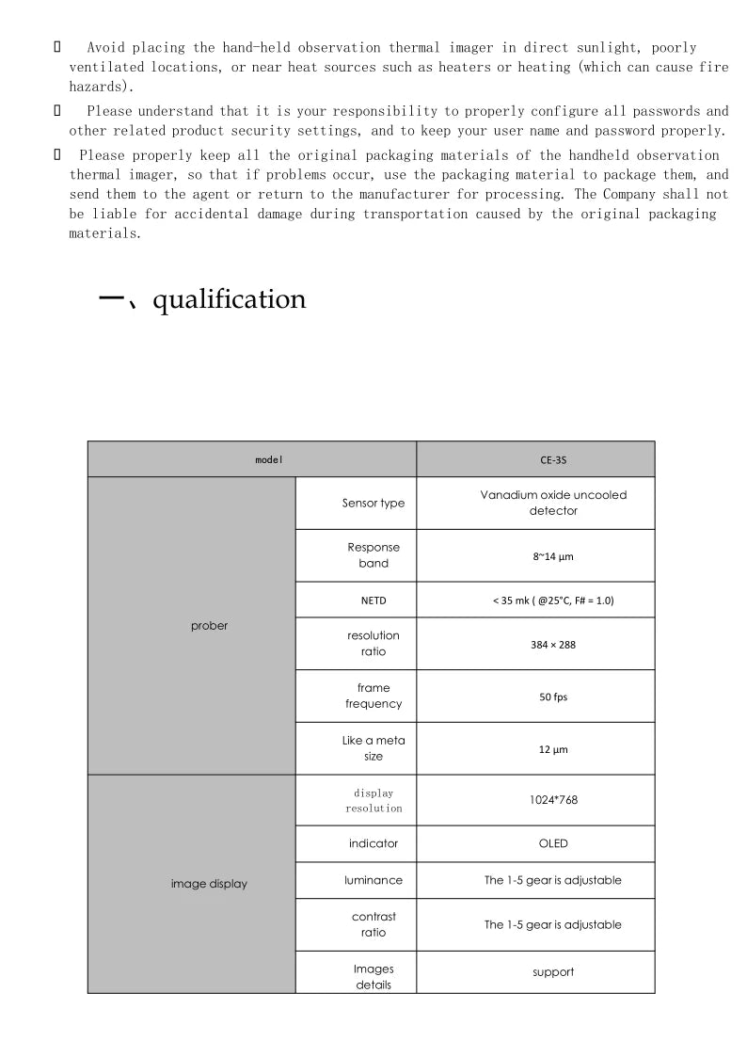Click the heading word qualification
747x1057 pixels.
click(229, 299)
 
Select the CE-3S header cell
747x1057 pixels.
click(553, 460)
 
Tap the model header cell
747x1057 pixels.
click(269, 460)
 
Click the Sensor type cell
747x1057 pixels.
click(373, 503)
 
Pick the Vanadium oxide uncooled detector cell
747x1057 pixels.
click(553, 503)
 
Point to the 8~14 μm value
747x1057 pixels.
click(553, 556)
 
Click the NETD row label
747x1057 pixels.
click(373, 600)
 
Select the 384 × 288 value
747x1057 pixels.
click(553, 645)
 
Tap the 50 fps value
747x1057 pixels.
click(553, 697)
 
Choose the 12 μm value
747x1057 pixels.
click(553, 750)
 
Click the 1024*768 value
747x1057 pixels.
click(553, 800)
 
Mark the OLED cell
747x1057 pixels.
click(553, 843)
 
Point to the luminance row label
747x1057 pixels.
click(373, 880)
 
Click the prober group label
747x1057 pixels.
click(209, 626)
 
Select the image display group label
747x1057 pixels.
click(209, 884)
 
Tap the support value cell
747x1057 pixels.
click(553, 972)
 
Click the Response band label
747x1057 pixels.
click(373, 555)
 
